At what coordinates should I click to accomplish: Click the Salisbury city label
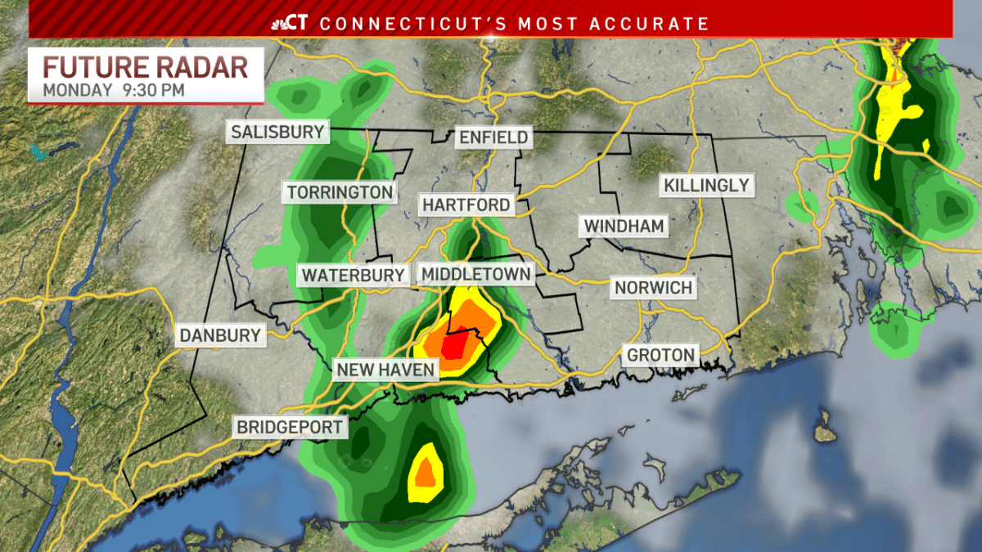click(277, 132)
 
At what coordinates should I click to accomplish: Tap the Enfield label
click(493, 137)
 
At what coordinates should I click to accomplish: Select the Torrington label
click(339, 193)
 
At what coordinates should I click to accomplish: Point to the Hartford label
click(466, 204)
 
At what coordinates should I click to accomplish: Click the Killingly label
click(706, 185)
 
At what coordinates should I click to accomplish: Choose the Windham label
click(624, 225)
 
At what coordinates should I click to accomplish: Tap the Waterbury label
click(354, 275)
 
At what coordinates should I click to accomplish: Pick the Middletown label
click(475, 273)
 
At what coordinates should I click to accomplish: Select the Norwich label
click(653, 287)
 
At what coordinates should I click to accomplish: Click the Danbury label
click(220, 334)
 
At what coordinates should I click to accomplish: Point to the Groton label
click(660, 355)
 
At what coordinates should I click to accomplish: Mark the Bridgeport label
click(290, 427)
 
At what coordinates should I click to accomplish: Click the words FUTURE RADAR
click(146, 66)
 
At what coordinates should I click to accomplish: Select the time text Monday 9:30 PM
click(114, 90)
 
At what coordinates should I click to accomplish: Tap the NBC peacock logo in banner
click(279, 24)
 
